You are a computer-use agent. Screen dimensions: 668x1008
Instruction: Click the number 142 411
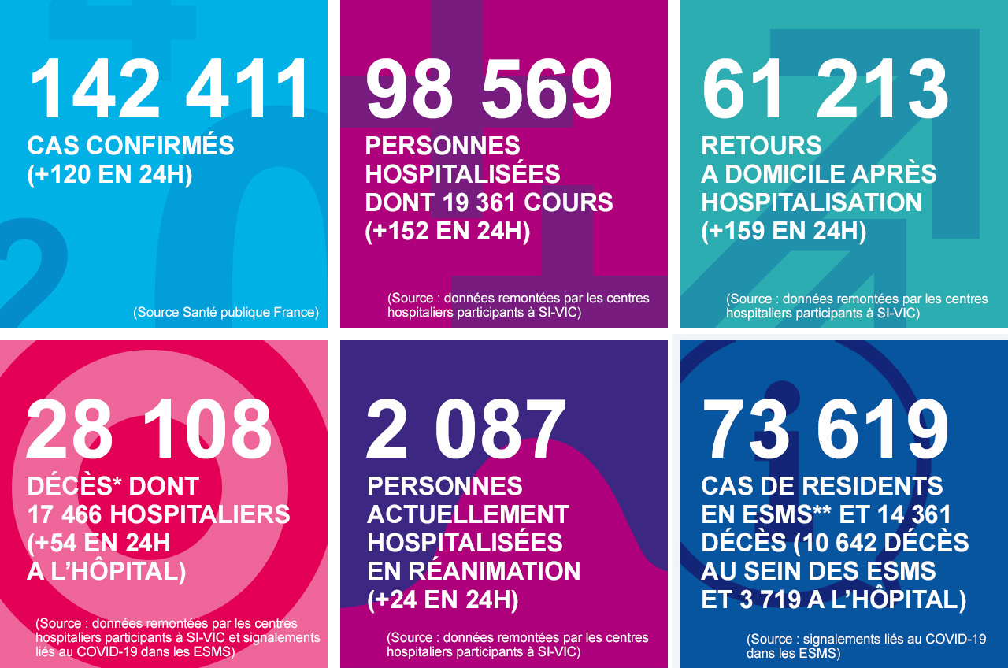[170, 89]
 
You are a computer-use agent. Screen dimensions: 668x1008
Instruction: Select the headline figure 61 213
[825, 89]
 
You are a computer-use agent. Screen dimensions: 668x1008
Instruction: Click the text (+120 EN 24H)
[109, 175]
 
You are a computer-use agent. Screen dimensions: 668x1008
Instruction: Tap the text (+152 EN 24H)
[447, 232]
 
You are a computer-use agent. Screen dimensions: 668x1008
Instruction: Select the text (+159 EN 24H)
[784, 232]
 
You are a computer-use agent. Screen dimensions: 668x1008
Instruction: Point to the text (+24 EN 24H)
[443, 600]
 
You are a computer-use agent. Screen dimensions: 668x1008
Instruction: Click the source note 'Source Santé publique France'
[226, 312]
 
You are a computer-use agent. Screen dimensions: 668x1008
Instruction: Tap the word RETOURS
[762, 147]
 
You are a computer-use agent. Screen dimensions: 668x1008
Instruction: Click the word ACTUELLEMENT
[468, 515]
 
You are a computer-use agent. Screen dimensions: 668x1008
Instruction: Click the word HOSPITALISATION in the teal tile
[812, 203]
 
